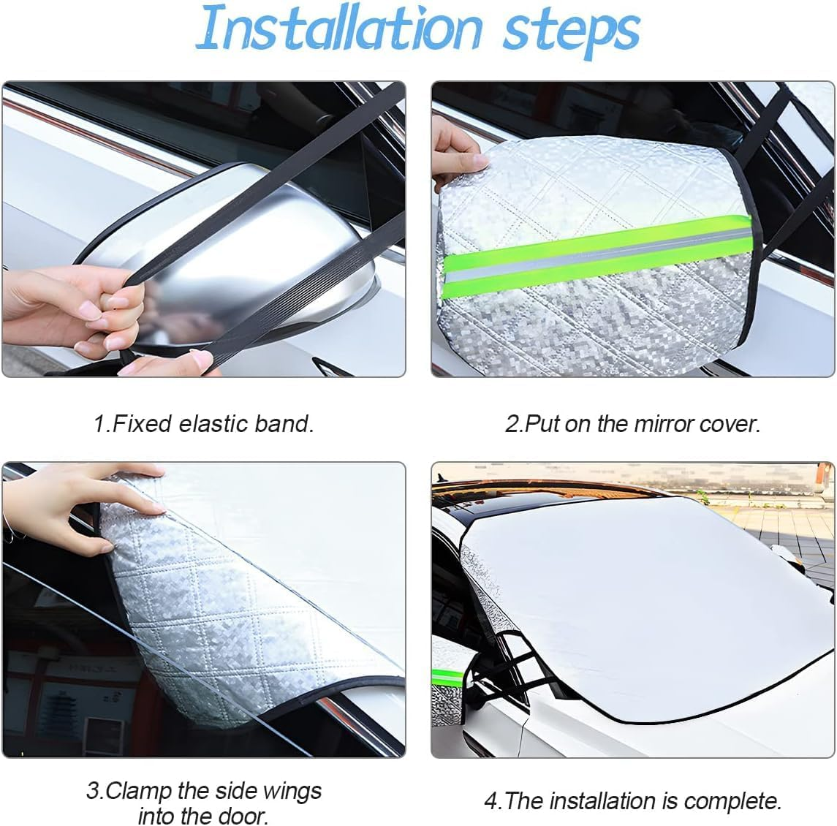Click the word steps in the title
click(x=571, y=31)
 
